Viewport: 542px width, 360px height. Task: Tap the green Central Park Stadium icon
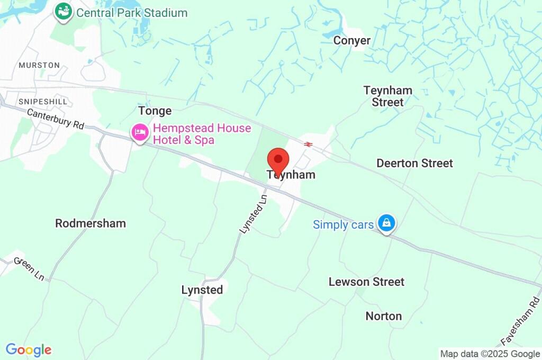coord(64,12)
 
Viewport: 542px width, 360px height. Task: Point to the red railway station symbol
coord(308,143)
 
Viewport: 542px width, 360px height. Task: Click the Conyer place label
coord(351,40)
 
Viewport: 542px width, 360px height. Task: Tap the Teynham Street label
coord(387,96)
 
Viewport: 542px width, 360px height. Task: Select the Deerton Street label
coord(414,163)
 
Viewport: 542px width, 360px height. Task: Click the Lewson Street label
coord(366,282)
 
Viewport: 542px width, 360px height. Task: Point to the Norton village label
coord(384,316)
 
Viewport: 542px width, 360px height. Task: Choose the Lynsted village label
coord(202,290)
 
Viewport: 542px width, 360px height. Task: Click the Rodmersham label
coord(91,223)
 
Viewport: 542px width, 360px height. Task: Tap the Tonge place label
coord(155,111)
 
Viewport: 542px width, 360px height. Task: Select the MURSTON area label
coord(39,65)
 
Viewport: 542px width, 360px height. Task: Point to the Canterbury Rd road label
coord(56,119)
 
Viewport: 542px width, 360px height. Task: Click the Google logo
coord(28,349)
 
